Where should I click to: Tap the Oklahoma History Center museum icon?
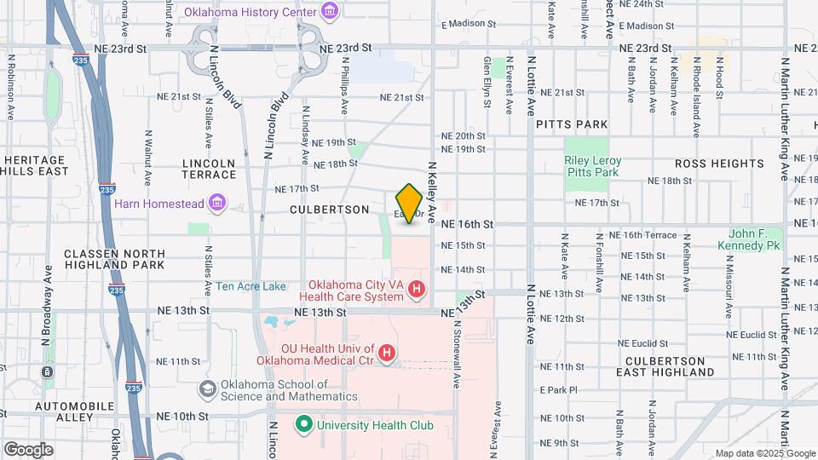[x=330, y=10]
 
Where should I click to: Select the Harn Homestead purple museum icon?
[x=217, y=203]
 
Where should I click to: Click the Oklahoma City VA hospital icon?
[x=417, y=290]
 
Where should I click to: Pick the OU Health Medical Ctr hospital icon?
[x=387, y=352]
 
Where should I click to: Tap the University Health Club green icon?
[x=302, y=424]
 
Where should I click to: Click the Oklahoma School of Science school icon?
[x=206, y=389]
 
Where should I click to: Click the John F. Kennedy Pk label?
[x=755, y=239]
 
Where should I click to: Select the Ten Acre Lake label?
[x=251, y=286]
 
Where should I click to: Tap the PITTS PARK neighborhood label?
[x=572, y=124]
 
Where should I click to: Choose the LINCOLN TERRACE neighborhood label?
[x=209, y=169]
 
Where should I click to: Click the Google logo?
[x=28, y=449]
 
